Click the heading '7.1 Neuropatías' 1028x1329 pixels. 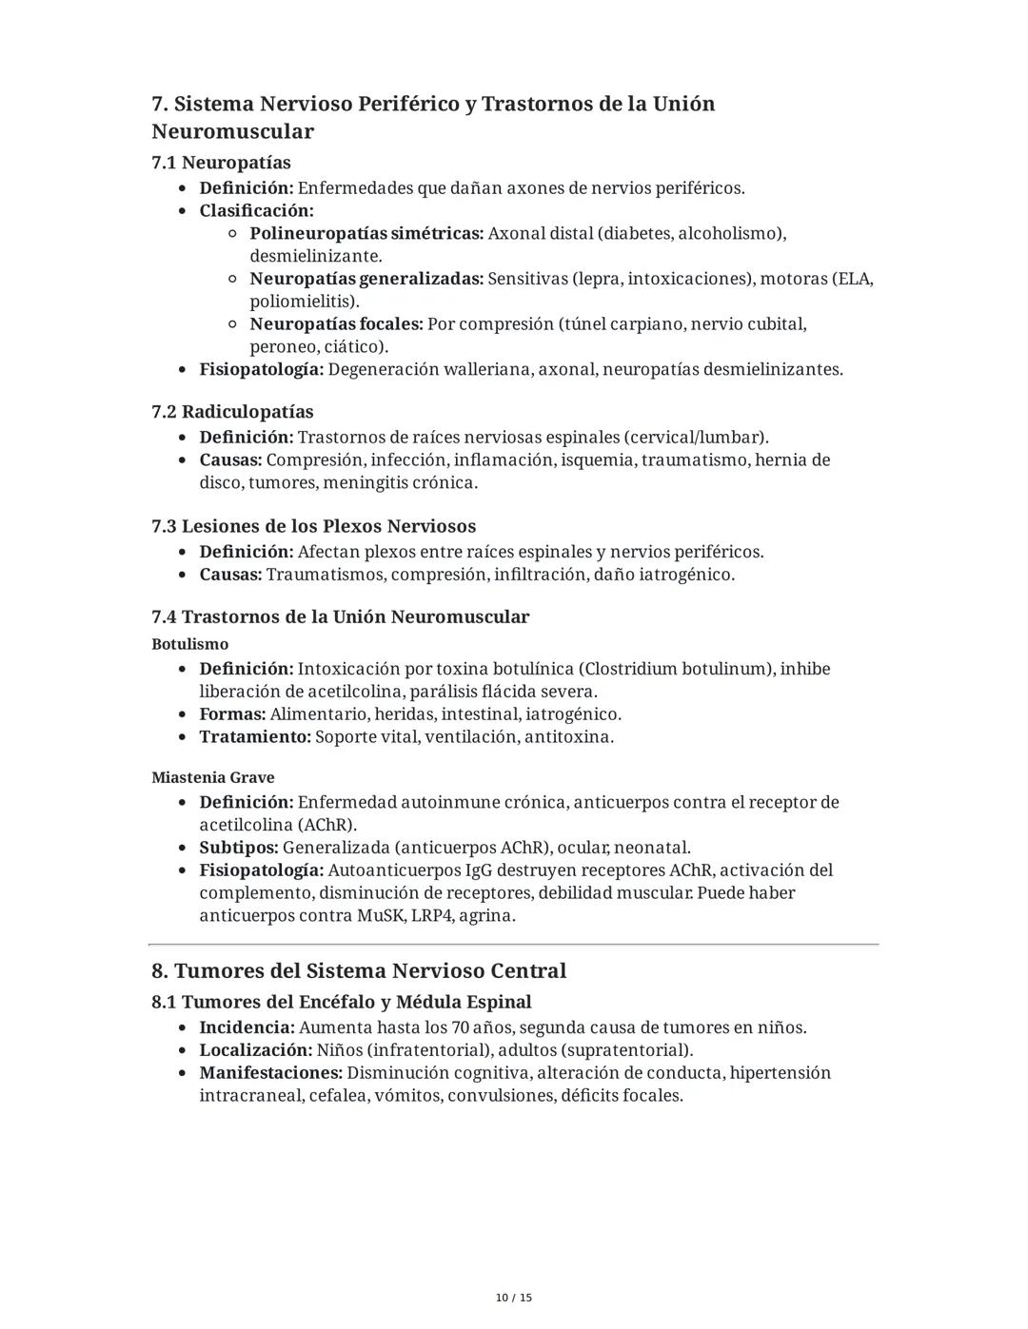click(x=221, y=163)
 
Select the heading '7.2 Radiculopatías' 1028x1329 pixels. click(x=232, y=412)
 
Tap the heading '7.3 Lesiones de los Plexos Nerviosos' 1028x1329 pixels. click(x=313, y=526)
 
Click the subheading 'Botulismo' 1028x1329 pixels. click(x=189, y=644)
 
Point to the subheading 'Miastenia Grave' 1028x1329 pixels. click(x=212, y=777)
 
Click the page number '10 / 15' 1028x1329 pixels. click(x=514, y=1298)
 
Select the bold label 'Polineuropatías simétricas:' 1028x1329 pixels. click(x=366, y=233)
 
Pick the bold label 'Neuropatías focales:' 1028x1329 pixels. click(x=336, y=324)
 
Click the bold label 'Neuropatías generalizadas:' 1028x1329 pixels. click(x=366, y=279)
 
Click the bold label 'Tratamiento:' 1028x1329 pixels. click(x=255, y=737)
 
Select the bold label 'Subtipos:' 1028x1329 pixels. click(x=239, y=848)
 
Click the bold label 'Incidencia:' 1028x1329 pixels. click(x=247, y=1027)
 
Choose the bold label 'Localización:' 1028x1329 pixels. click(x=255, y=1050)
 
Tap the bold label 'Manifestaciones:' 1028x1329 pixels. click(x=270, y=1073)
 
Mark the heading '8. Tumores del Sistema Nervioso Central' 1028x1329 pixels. click(x=359, y=971)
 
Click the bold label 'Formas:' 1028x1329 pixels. click(x=232, y=714)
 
